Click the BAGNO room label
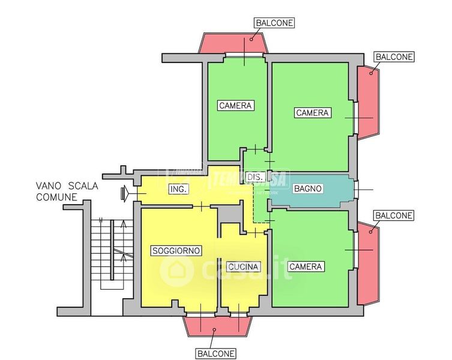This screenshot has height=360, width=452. [308, 188]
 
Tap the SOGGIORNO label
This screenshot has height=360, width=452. [176, 250]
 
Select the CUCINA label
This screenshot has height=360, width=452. [243, 266]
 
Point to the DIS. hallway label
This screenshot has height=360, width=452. [255, 177]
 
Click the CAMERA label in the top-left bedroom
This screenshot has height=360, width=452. [235, 106]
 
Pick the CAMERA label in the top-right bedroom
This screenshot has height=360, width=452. [312, 113]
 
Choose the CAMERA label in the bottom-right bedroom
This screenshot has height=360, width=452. [306, 266]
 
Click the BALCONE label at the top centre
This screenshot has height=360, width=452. [274, 23]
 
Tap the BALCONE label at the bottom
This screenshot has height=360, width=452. [215, 353]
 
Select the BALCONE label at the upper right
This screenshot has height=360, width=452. [394, 57]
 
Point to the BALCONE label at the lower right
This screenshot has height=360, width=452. [393, 215]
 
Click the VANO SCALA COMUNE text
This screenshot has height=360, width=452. [66, 191]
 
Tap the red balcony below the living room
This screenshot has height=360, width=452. [216, 327]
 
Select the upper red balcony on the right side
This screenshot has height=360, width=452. [367, 102]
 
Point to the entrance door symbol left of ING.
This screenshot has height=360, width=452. [125, 193]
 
